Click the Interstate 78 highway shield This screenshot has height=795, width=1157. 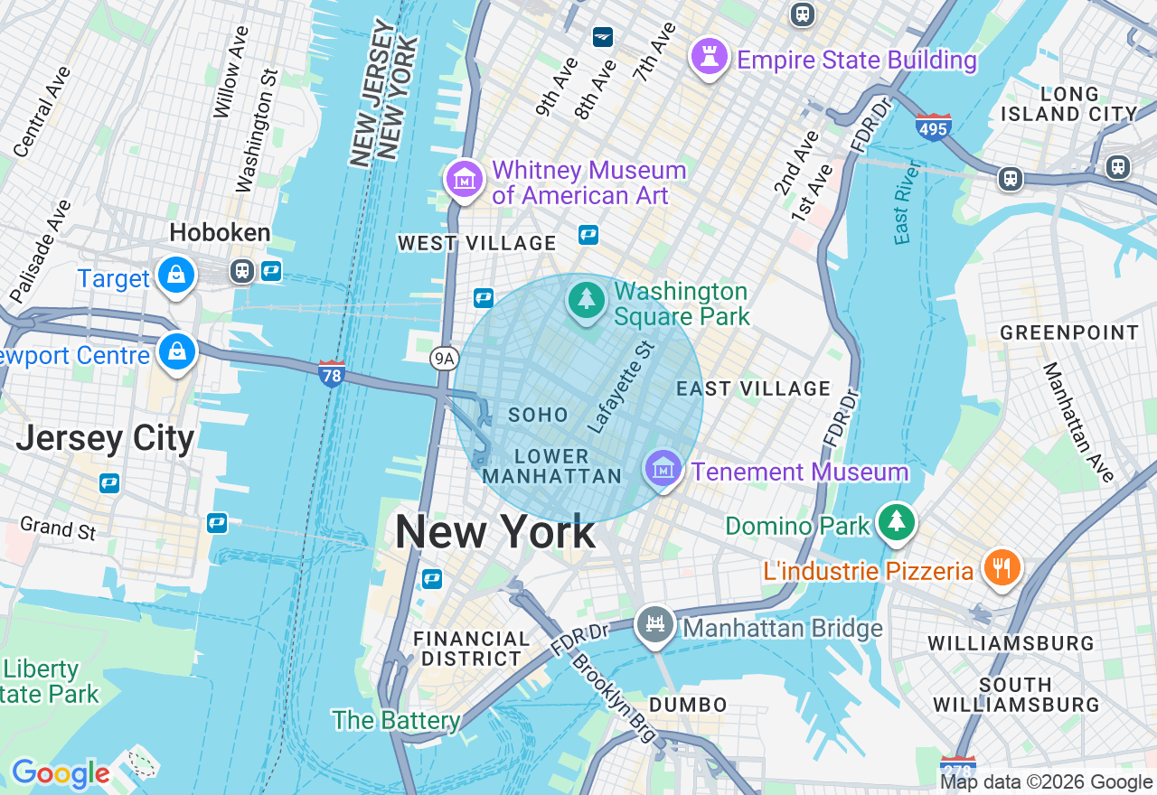coord(332,373)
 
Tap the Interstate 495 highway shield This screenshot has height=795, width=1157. coord(933,126)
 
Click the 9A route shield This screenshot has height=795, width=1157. coord(443,360)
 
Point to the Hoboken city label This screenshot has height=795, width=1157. coord(220,233)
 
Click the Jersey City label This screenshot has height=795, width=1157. coord(105,439)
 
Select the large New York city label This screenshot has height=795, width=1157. coord(495,532)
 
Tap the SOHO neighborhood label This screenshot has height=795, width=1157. coord(539,416)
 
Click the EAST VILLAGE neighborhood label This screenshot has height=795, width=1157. coord(754,388)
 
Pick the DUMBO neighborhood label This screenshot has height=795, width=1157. coord(688,705)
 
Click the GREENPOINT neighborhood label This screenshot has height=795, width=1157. coord(1069,333)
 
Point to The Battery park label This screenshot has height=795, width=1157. coord(396,720)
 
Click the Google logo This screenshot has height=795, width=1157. coord(61,774)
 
